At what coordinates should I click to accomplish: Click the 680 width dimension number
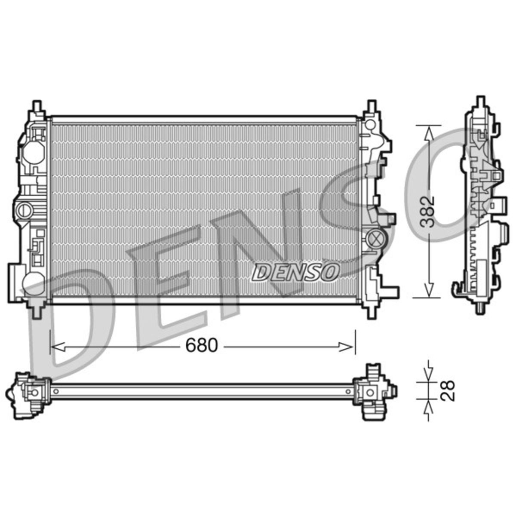pyautogui.click(x=202, y=345)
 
